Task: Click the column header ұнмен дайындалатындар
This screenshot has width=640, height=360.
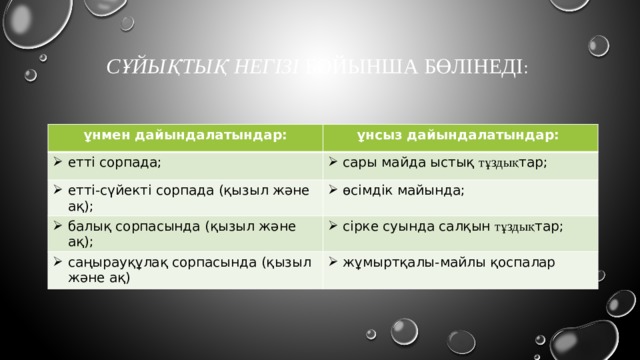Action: [180, 134]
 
